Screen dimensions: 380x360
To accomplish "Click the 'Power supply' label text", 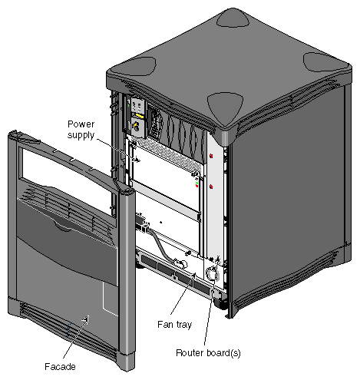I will [82, 129].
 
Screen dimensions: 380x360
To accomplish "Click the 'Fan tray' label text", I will [178, 324].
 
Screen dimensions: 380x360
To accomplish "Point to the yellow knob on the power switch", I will [139, 121].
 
